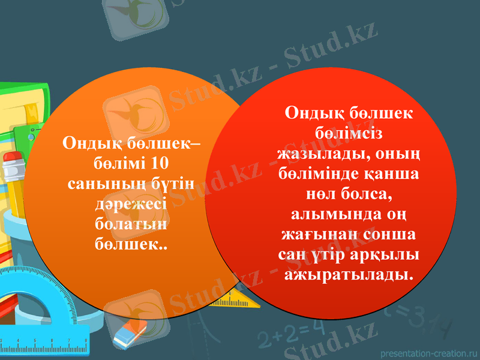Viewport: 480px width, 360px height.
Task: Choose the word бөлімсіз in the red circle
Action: pyautogui.click(x=349, y=133)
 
